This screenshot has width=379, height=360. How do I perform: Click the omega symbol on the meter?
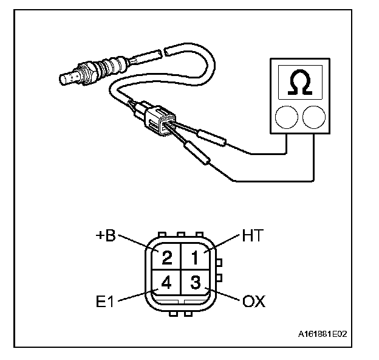pos(300,82)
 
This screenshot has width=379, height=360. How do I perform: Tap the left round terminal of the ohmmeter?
pos(287,117)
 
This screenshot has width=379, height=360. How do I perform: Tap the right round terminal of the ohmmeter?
pos(314,117)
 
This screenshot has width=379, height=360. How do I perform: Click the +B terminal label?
pos(106,235)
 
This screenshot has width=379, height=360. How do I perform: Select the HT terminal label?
pos(252,235)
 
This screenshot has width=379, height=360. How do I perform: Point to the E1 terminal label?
pos(104,301)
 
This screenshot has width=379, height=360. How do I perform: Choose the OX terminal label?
pos(254,301)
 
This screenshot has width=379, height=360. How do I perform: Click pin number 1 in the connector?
pos(195,258)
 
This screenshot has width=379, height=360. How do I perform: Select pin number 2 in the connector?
pos(167,258)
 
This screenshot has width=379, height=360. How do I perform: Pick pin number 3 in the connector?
pos(196,282)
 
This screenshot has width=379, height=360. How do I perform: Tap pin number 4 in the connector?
pos(166,282)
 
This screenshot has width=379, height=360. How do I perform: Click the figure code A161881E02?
pos(323,334)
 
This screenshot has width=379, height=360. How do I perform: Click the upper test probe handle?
pos(211,138)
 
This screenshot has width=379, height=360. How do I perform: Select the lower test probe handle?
pos(197,153)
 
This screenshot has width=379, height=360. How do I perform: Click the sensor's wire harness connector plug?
pos(160,120)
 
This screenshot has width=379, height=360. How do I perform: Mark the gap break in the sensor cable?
pos(162,53)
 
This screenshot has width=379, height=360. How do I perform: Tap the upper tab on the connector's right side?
pos(219,263)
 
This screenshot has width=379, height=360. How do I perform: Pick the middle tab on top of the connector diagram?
pos(181,235)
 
